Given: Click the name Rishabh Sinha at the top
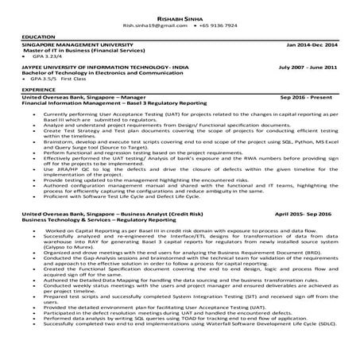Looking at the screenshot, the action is tap(180, 16).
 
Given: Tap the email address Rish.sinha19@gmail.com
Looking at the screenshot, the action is tap(160, 25).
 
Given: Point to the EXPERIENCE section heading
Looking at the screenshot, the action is tap(38, 90).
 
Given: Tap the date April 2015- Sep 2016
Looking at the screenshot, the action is tap(306, 215).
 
